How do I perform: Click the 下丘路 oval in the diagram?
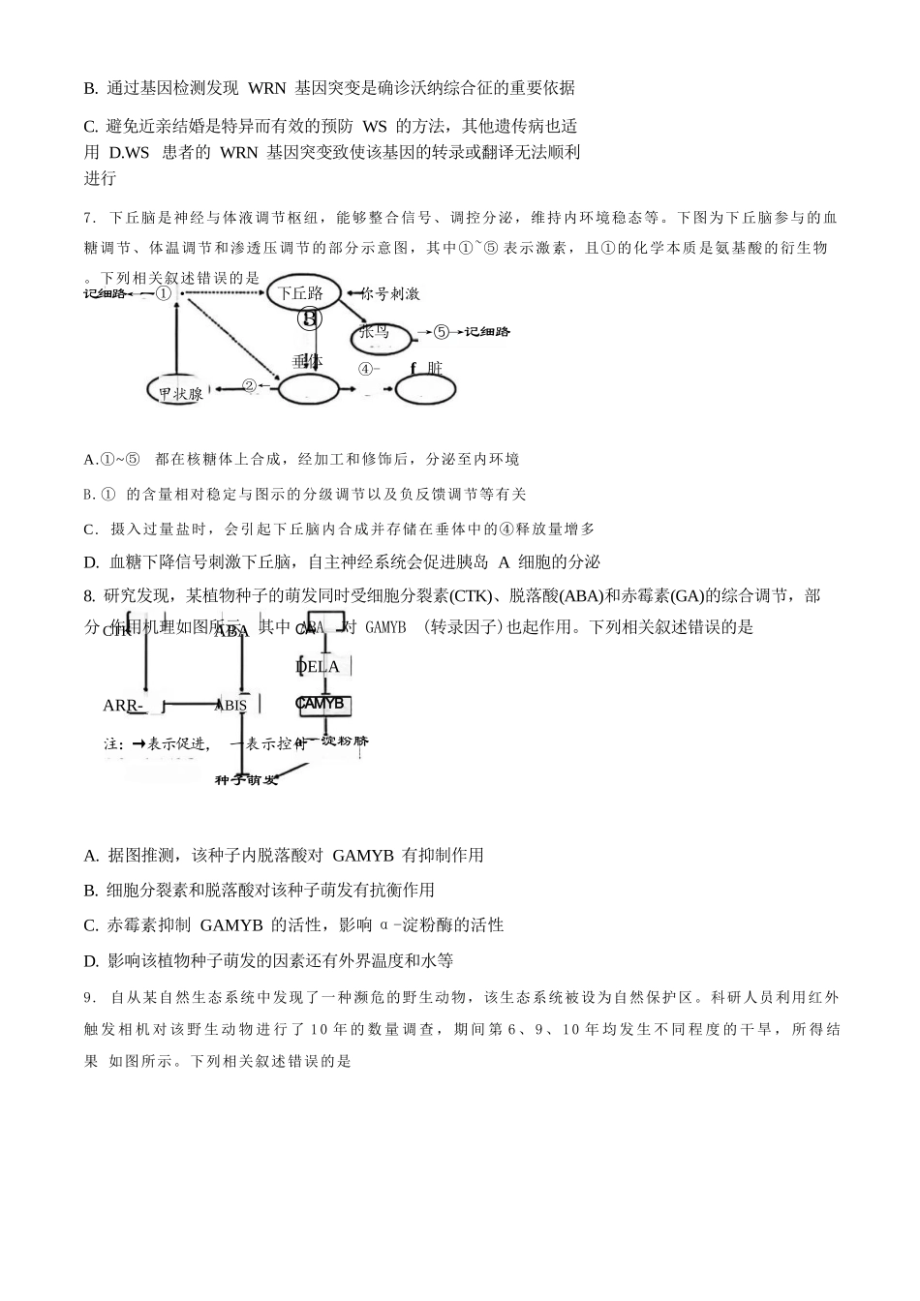tap(301, 292)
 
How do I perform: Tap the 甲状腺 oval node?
tap(181, 392)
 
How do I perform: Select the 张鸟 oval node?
tap(379, 335)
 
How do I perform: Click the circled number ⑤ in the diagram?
tap(442, 332)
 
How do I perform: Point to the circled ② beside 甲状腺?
tap(249, 386)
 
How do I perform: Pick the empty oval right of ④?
tap(425, 389)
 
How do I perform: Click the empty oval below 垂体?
tap(309, 390)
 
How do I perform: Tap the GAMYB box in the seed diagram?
tap(323, 705)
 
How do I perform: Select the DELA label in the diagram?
tap(318, 667)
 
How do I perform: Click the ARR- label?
tap(123, 706)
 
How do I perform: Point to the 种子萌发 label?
tap(246, 779)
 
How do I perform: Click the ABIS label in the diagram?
tap(232, 706)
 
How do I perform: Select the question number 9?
tap(89, 997)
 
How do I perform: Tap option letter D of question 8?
tap(91, 961)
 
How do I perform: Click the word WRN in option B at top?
tap(266, 88)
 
